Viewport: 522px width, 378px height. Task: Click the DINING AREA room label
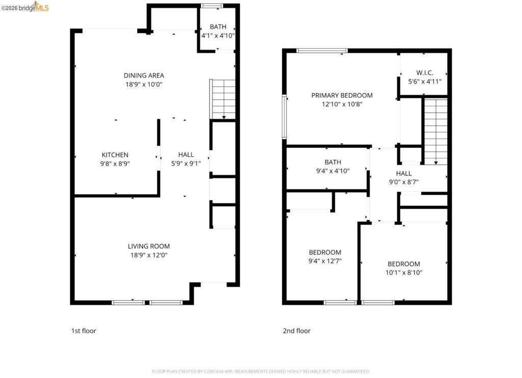point(144,75)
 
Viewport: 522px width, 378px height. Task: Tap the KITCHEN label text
point(115,155)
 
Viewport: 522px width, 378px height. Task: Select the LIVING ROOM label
point(149,246)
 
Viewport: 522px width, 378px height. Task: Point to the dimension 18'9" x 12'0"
point(149,255)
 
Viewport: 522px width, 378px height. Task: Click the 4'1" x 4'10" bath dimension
point(218,36)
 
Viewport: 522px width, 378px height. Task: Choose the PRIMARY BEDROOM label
point(342,95)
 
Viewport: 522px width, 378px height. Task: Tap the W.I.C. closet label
point(425,73)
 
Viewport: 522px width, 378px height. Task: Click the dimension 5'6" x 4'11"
point(425,82)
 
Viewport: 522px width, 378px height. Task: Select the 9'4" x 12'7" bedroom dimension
point(325,261)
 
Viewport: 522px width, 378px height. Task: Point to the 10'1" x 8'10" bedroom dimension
point(404,273)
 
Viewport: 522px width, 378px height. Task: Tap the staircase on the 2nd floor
point(436,131)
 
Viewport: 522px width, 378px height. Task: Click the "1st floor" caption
point(84,331)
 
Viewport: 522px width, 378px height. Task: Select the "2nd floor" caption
point(297,331)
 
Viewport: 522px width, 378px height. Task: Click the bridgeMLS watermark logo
point(25,7)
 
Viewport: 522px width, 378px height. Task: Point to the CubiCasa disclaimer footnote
point(260,371)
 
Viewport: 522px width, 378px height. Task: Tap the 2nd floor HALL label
point(404,173)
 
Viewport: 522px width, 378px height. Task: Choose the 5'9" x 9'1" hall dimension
point(186,164)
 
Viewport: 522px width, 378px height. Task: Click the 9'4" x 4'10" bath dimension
point(332,171)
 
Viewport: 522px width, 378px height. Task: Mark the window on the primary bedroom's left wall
point(284,117)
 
